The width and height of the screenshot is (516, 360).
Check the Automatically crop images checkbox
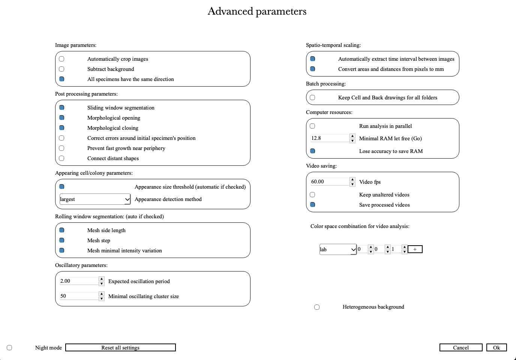pyautogui.click(x=61, y=59)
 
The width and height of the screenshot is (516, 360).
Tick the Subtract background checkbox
pyautogui.click(x=61, y=69)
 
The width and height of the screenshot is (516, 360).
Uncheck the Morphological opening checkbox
pyautogui.click(x=61, y=118)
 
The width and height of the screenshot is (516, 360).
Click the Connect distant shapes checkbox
pyautogui.click(x=61, y=158)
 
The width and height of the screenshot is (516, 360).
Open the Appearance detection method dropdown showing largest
pyautogui.click(x=95, y=199)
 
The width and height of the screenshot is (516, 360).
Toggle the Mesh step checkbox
pyautogui.click(x=61, y=240)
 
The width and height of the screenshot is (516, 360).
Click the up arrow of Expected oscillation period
pyautogui.click(x=102, y=279)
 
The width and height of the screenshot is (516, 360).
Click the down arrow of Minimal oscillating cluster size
pyautogui.click(x=102, y=298)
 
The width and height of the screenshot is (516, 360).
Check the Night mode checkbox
pyautogui.click(x=9, y=348)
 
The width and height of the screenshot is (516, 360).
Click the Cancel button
pyautogui.click(x=460, y=348)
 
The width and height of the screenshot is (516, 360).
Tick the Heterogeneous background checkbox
pyautogui.click(x=317, y=307)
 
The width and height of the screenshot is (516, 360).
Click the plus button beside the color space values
pyautogui.click(x=415, y=249)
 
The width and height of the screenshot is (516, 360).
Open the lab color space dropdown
pyautogui.click(x=337, y=249)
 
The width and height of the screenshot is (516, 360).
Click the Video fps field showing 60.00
pyautogui.click(x=329, y=181)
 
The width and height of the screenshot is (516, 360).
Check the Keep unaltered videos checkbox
pyautogui.click(x=312, y=195)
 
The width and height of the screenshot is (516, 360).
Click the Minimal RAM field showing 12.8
pyautogui.click(x=329, y=138)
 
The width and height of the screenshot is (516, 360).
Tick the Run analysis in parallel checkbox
pyautogui.click(x=312, y=126)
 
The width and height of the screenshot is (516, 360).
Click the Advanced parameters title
pyautogui.click(x=257, y=11)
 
